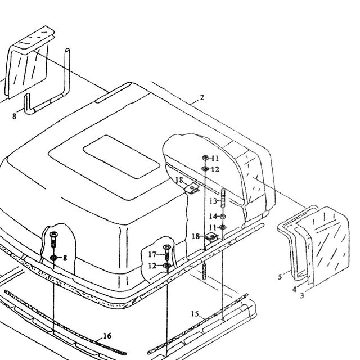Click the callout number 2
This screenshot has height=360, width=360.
click(x=202, y=97)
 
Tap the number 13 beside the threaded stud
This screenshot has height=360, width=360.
click(x=213, y=201)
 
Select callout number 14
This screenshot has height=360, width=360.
click(x=213, y=216)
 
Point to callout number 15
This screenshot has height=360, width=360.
click(x=195, y=314)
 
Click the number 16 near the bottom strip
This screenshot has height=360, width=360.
click(x=107, y=336)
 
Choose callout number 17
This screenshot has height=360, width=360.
click(x=152, y=254)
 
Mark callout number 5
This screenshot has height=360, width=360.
click(x=280, y=277)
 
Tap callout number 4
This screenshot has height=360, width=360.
click(x=295, y=290)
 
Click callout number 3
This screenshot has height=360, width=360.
click(x=302, y=295)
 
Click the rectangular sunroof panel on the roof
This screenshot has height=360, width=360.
click(x=121, y=157)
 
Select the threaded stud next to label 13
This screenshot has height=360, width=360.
click(x=223, y=198)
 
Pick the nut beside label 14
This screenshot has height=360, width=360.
click(x=223, y=216)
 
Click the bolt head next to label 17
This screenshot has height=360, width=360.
click(x=167, y=247)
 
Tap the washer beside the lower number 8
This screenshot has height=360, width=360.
click(x=53, y=258)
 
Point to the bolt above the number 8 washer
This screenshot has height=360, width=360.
click(x=53, y=239)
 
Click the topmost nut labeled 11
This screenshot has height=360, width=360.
click(x=205, y=157)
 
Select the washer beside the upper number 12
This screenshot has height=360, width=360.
click(x=205, y=169)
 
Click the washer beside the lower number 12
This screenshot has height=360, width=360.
click(x=167, y=265)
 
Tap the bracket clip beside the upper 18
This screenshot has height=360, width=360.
click(x=192, y=188)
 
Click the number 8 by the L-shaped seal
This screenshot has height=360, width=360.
click(x=14, y=116)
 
